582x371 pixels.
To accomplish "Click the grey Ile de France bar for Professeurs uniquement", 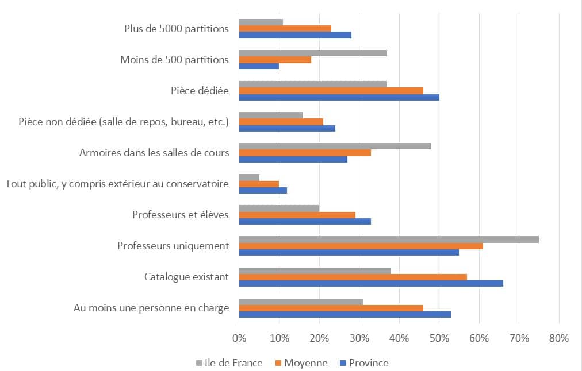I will point(389,239).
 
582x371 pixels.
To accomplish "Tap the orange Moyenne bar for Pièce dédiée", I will point(331,90).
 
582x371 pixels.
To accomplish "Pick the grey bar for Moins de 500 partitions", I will point(313,53).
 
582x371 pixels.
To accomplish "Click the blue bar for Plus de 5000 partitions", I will point(295,35).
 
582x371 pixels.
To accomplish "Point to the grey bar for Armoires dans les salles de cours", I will point(335,146).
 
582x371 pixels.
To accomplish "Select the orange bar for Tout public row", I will point(259,184).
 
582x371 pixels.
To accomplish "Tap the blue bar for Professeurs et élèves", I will point(305,221).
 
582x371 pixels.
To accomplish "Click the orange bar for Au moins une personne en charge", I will point(331,308).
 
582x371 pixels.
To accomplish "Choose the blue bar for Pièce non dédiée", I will point(287,128).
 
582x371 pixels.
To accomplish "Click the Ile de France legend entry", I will point(229,363).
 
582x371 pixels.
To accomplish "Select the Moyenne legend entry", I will point(302,363).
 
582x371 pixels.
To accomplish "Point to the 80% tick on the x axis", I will point(558,338).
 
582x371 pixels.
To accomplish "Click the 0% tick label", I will point(239,338).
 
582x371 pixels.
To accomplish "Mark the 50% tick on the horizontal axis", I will point(439,338).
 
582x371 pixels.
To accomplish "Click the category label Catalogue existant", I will point(186,277).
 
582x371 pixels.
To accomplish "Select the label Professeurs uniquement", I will point(173,246).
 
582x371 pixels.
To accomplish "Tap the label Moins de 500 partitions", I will point(174,59).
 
